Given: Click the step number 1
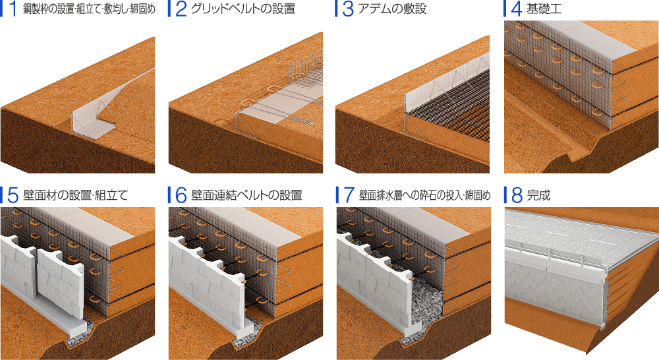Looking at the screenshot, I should tap(13, 10).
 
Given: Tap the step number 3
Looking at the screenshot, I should tap(347, 10).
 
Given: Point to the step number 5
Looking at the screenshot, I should tap(13, 195).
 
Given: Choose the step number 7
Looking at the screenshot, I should tap(347, 195).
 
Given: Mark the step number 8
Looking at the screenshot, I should tap(515, 195).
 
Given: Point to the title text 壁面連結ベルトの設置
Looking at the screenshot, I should tap(246, 196).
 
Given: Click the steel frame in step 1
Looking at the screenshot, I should tap(92, 122).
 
